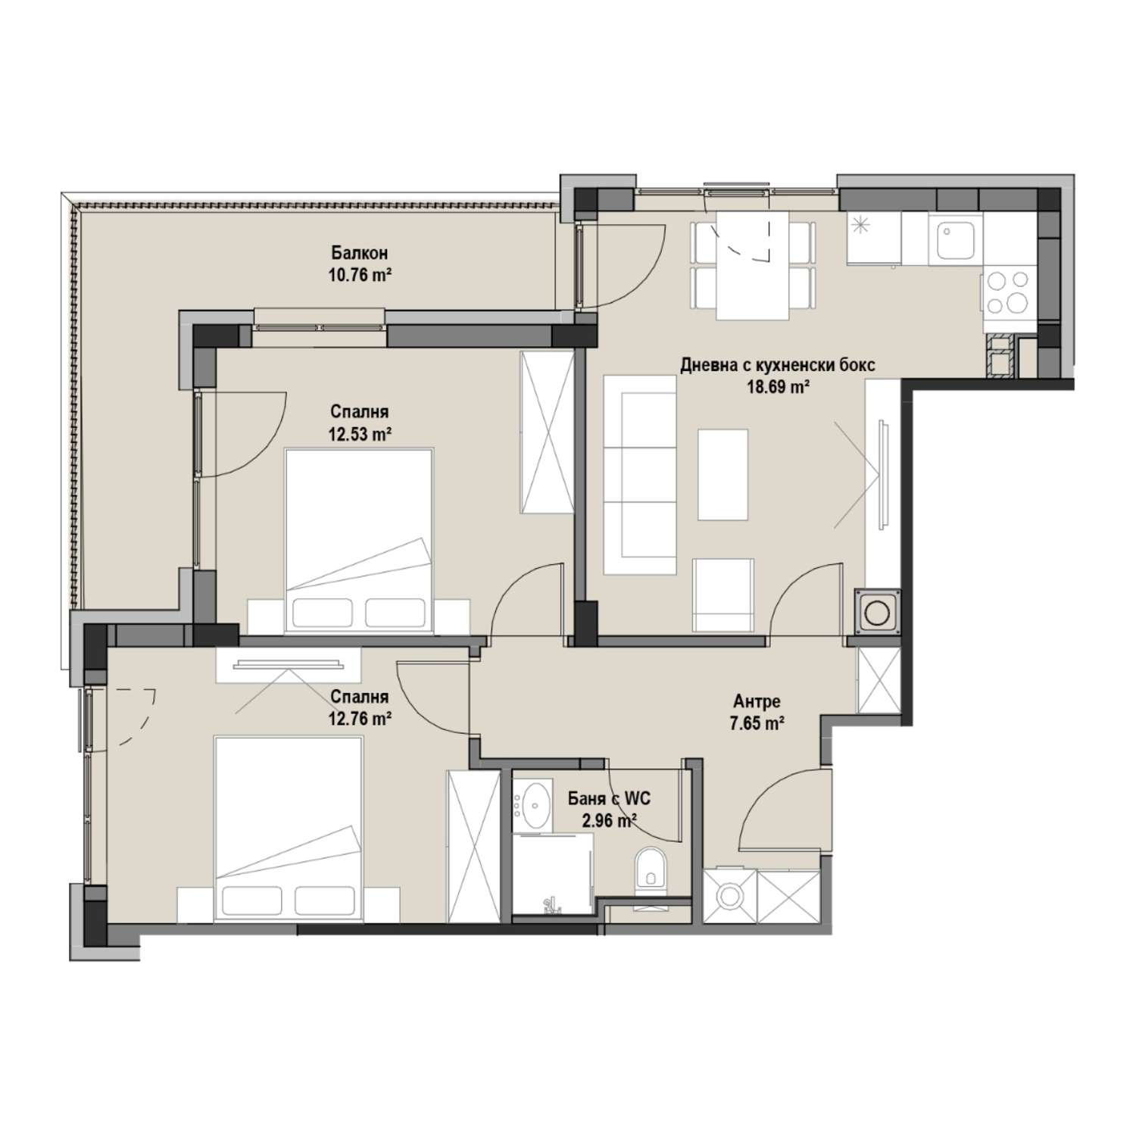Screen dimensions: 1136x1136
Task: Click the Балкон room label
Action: coord(360,252)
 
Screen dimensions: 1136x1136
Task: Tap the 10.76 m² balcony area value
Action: coord(360,275)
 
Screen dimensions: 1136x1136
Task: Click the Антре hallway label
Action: coord(757,701)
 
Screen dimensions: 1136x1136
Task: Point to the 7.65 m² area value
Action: coord(757,724)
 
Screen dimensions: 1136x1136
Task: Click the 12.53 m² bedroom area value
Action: coord(360,434)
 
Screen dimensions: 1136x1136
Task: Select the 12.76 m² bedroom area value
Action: coord(360,719)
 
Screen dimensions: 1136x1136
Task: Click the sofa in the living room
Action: coord(640,475)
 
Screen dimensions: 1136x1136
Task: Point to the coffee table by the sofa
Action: coord(723,475)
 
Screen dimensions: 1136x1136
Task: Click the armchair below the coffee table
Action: coord(724,595)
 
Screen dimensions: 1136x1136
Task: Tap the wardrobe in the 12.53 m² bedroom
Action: coord(547,433)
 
